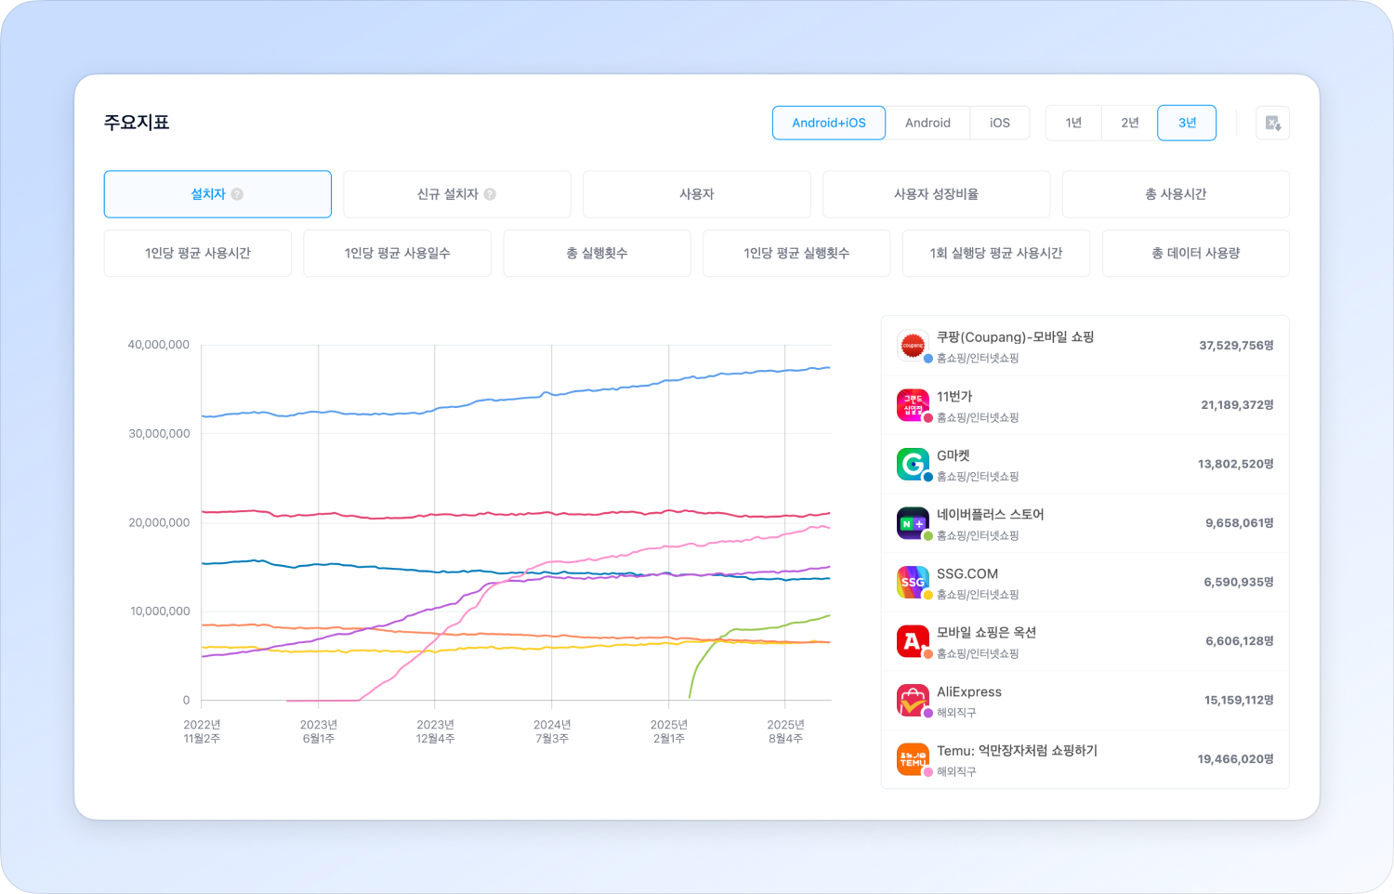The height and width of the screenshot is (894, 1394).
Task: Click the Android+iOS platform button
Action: [x=828, y=123]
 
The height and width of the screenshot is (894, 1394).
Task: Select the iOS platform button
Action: [x=999, y=123]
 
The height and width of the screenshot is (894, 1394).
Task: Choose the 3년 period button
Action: [x=1187, y=123]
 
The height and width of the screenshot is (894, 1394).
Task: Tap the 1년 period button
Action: [x=1073, y=123]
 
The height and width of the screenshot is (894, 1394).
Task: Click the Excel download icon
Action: [x=1272, y=123]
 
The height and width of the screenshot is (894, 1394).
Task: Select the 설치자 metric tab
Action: [x=217, y=194]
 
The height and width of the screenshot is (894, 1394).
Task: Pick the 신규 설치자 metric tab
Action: [x=456, y=194]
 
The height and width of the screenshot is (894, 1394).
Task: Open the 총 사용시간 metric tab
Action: [x=1175, y=194]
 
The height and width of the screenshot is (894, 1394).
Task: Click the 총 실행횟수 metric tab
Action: [x=597, y=253]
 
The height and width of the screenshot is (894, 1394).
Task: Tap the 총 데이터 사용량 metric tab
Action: [x=1195, y=253]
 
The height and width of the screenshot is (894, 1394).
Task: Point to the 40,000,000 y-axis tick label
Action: [x=159, y=345]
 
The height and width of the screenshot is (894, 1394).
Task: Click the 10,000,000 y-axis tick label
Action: [x=160, y=611]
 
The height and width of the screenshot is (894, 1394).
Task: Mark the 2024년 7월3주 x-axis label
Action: [x=552, y=731]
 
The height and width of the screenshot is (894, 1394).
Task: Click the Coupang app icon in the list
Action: [x=913, y=346]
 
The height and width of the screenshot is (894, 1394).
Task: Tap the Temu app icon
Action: [x=913, y=759]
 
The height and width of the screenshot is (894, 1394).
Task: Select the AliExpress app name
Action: [x=969, y=691]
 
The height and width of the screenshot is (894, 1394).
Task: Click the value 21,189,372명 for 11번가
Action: [x=1237, y=405]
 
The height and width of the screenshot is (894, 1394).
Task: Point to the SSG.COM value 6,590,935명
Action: [x=1239, y=582]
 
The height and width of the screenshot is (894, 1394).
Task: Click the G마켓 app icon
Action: [x=913, y=464]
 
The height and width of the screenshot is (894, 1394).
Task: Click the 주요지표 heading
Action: [x=137, y=123]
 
